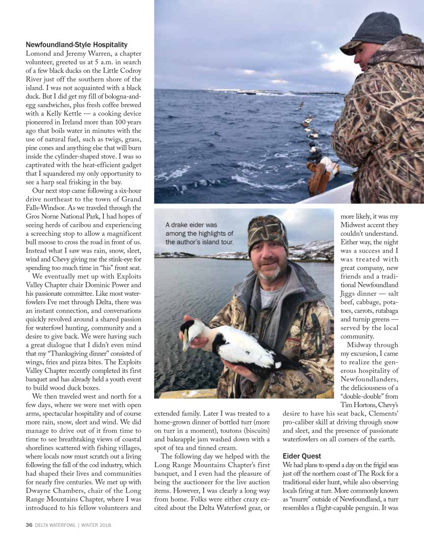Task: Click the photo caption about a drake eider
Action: (x=199, y=233)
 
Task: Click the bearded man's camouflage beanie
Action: (x=268, y=230)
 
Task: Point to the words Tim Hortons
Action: (x=353, y=403)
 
